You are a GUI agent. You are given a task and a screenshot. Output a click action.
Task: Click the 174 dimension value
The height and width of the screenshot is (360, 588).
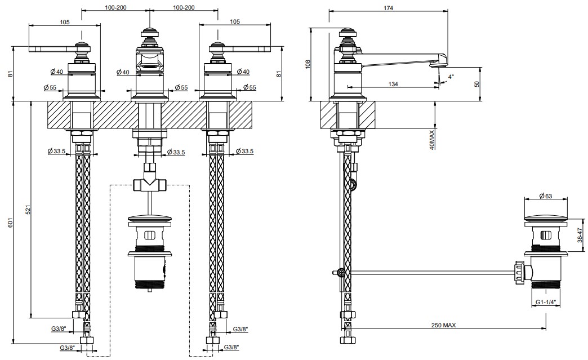(x=389, y=7)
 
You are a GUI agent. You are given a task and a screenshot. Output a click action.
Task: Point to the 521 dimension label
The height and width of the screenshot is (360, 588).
(x=28, y=210)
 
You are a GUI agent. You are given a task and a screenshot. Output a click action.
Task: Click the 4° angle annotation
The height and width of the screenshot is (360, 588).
(x=451, y=76)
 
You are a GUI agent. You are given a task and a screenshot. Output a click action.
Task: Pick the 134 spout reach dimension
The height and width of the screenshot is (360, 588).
(x=393, y=84)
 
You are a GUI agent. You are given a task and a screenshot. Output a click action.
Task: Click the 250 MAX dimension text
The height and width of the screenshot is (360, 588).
(x=444, y=325)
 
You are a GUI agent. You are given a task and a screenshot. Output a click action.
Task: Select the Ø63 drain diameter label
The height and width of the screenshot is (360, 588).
(x=545, y=195)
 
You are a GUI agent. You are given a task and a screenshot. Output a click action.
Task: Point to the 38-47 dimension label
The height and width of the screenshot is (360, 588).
(x=580, y=235)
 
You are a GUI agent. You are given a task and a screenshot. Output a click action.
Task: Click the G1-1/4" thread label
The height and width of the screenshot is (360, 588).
(x=546, y=302)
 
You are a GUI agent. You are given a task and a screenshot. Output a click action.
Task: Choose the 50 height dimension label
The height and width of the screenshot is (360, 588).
(x=476, y=84)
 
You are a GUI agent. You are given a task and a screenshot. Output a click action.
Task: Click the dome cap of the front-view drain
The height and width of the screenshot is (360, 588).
(x=150, y=218)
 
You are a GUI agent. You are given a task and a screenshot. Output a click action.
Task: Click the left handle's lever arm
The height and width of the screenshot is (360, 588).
(x=52, y=49)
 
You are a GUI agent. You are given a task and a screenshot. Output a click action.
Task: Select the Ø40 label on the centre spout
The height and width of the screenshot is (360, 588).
(x=123, y=72)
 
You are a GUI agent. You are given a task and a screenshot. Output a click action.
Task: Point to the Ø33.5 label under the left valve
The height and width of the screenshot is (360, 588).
(x=57, y=152)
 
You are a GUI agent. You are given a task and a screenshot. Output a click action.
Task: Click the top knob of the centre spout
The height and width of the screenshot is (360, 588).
(x=150, y=33)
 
